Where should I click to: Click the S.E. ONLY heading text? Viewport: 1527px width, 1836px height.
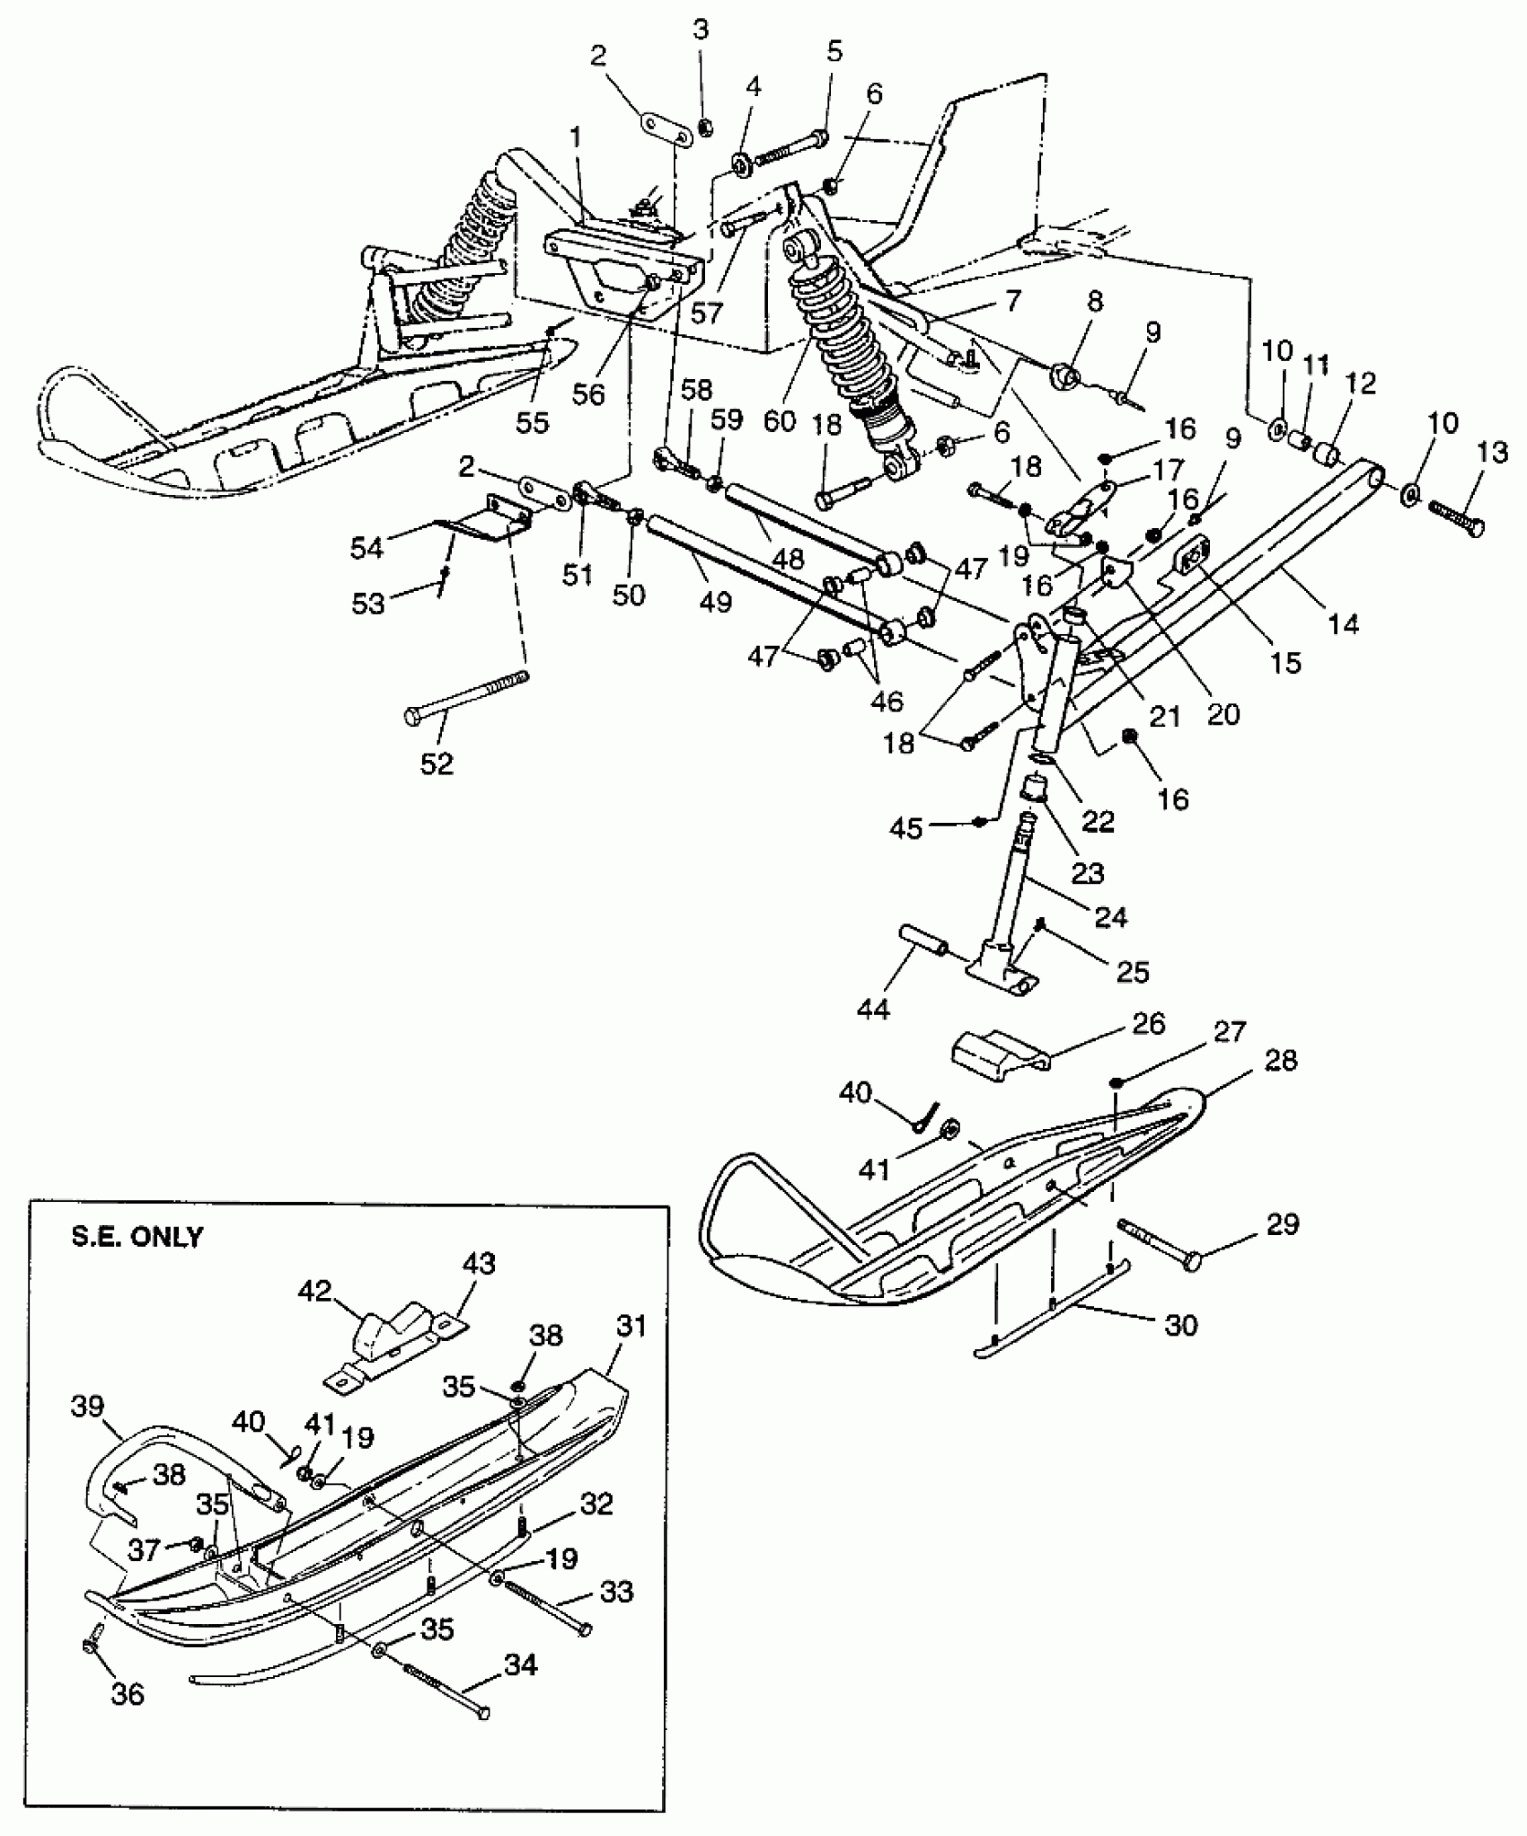coord(137,1237)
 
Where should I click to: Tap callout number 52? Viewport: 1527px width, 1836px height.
coord(437,764)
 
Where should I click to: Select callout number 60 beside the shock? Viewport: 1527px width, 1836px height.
coord(780,419)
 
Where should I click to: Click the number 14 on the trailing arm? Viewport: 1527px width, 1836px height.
coord(1343,622)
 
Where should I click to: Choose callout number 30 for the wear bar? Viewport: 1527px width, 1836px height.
coord(1180,1324)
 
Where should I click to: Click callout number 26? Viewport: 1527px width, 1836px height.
coord(1149,1024)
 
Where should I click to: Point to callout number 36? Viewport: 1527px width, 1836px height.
coord(128,1693)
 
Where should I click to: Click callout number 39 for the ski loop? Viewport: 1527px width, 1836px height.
coord(88,1405)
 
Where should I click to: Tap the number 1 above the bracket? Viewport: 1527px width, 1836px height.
coord(575,137)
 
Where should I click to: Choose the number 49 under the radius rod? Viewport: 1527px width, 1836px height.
coord(715,601)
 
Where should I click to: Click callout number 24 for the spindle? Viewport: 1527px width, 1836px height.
coord(1111,916)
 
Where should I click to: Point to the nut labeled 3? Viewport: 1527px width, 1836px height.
coord(706,127)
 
